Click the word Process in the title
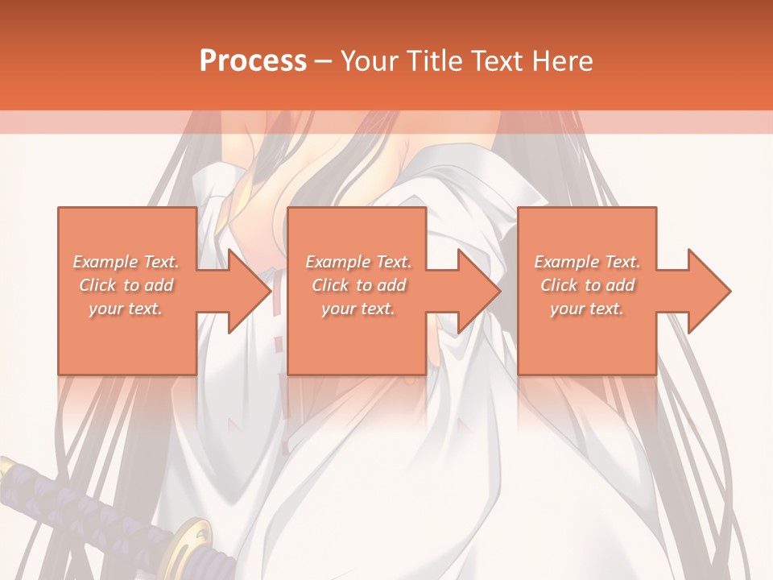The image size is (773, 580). coord(253,61)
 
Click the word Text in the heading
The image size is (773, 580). coord(498,61)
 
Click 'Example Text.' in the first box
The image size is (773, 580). coord(126,262)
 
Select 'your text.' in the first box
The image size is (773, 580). coord(126,309)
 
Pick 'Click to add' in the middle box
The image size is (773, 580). coord(358,285)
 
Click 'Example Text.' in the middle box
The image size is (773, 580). coord(358,262)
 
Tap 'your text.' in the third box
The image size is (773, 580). coord(587,309)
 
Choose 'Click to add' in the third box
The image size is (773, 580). coord(587,285)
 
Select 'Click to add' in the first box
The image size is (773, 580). coord(126,285)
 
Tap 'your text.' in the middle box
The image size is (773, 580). coord(358,309)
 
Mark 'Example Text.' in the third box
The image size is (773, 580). coord(587,262)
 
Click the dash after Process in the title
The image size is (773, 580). coord(324,61)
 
